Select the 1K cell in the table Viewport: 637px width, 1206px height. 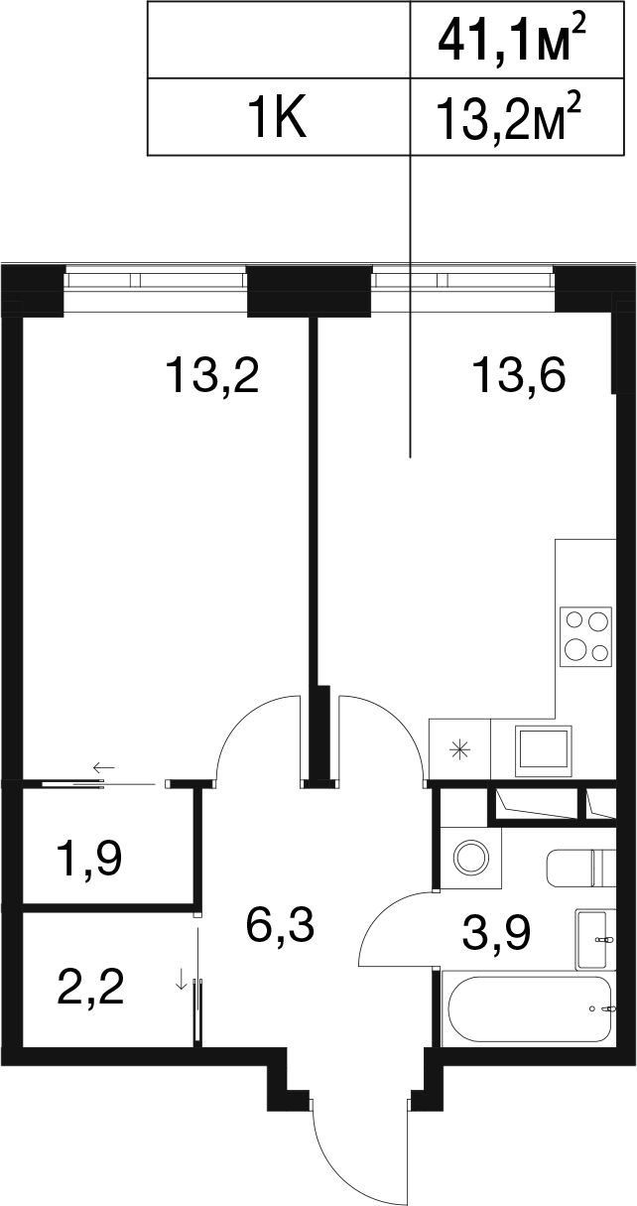(278, 117)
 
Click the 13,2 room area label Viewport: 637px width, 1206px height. (213, 376)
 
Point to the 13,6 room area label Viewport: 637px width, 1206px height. (519, 376)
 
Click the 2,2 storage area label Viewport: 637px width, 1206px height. (90, 988)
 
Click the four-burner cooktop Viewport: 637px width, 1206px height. (585, 636)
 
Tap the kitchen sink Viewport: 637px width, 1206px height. (544, 751)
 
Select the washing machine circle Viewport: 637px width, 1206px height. (472, 858)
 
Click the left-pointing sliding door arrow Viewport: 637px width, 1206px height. (104, 766)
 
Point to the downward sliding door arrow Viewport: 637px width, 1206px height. (182, 980)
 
